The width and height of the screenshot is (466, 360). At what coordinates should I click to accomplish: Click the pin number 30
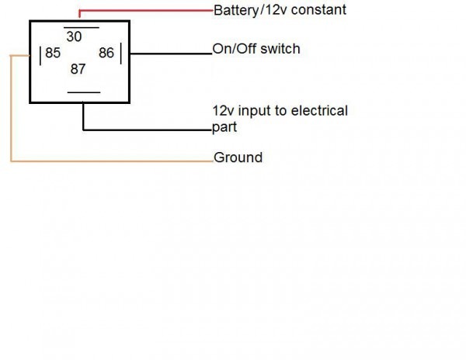[x=74, y=36]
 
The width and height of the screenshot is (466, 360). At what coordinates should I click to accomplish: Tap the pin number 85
[x=53, y=53]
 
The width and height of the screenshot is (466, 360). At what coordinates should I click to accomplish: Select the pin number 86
[x=106, y=53]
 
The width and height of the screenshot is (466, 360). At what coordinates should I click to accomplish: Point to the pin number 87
[x=78, y=69]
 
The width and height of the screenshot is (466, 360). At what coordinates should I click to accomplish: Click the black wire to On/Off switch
[x=171, y=54]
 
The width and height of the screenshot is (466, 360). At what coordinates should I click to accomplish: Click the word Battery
[x=236, y=10]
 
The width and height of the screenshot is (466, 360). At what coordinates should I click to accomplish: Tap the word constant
[x=318, y=9]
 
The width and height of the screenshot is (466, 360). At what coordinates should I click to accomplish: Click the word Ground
[x=238, y=157]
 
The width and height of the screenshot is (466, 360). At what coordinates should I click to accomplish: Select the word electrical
[x=319, y=111]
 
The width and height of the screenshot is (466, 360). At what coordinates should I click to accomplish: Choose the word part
[x=224, y=127]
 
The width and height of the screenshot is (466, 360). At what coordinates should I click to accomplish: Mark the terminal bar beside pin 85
[x=40, y=56]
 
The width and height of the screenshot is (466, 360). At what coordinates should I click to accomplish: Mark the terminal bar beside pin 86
[x=121, y=54]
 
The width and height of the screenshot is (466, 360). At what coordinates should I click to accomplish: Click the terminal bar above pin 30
[x=82, y=28]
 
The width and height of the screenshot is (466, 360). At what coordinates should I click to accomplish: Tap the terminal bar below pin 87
[x=84, y=92]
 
